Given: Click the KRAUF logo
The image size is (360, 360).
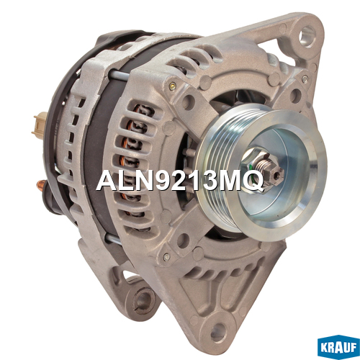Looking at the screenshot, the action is (x=338, y=347).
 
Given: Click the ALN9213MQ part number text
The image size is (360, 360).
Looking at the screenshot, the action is (x=179, y=181).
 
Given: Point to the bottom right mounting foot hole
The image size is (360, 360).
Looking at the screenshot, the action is (x=218, y=332).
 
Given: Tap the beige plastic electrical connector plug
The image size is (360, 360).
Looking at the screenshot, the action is (x=39, y=125).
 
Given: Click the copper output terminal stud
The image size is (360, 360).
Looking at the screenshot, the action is (x=41, y=185).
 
